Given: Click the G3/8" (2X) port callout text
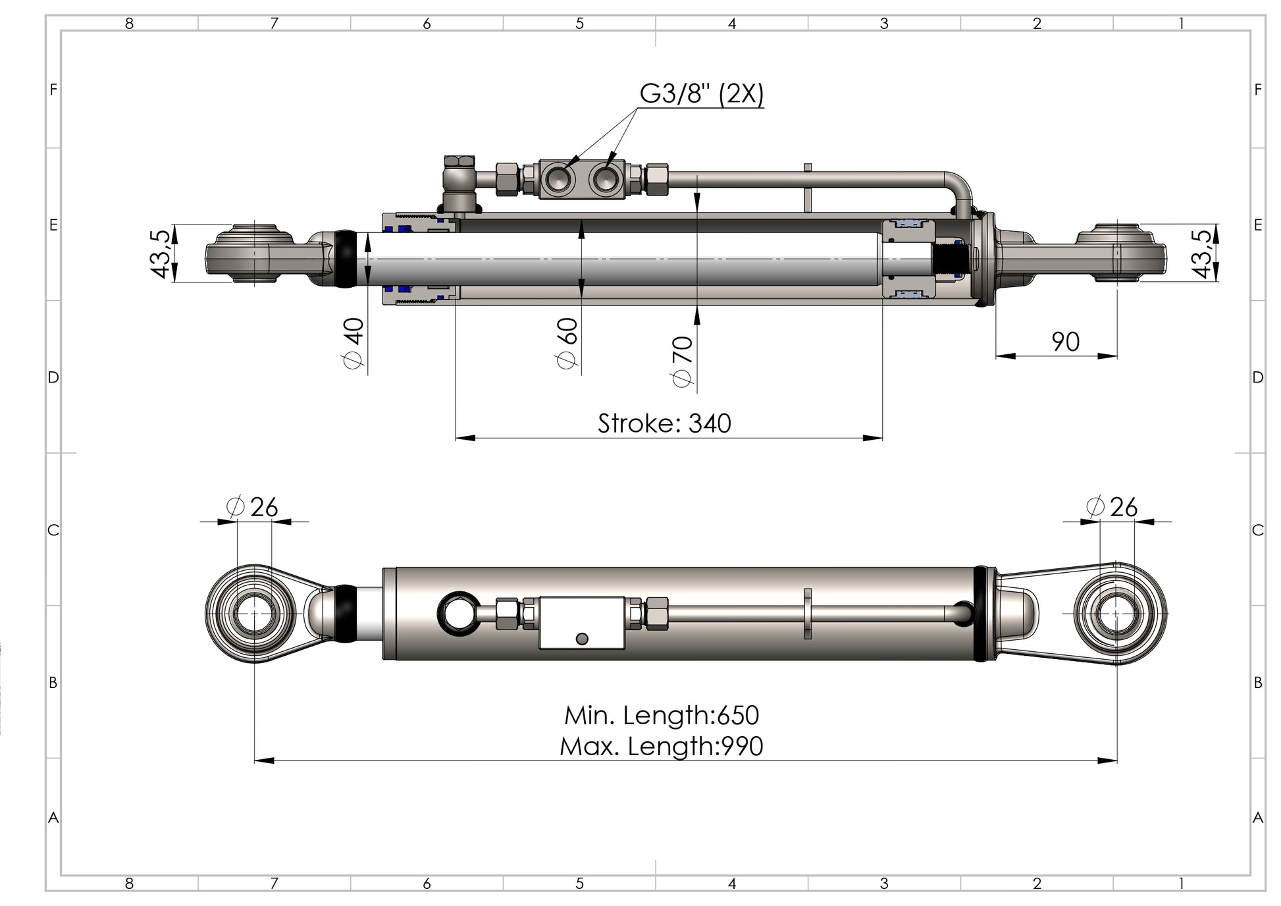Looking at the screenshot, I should (701, 94).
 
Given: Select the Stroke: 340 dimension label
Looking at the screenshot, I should (664, 423).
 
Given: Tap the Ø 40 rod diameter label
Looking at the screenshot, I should (353, 343).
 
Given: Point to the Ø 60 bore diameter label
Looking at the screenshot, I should (567, 343).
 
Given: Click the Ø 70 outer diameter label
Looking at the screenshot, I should (683, 361).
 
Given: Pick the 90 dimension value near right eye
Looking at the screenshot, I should (1064, 342).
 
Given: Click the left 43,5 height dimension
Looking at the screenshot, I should (161, 254).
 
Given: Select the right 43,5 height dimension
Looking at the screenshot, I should (1201, 254).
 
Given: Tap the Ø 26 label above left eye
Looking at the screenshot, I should (252, 507).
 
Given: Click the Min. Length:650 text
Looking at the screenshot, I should (662, 715).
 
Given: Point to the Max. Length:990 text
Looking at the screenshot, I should (662, 746).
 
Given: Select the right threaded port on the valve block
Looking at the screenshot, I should (604, 178).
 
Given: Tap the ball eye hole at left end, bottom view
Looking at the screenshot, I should (254, 613).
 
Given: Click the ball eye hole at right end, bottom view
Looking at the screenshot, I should (1117, 613).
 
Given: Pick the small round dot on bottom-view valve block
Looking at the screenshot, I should (581, 639).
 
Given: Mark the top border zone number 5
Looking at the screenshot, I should (579, 24).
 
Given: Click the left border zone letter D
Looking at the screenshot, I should (53, 377).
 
